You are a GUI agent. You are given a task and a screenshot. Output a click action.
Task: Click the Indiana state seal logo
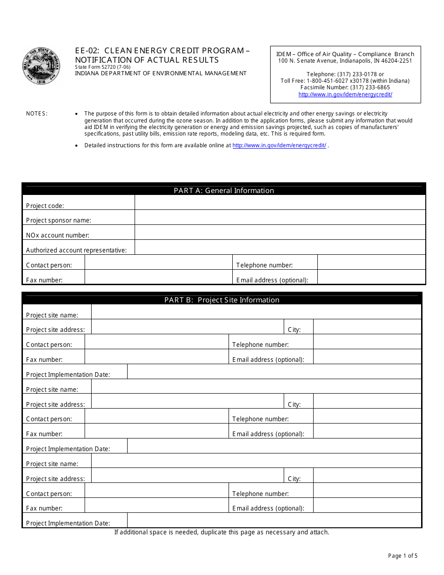[x=42, y=66]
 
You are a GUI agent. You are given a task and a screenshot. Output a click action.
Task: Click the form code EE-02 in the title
[x=87, y=50]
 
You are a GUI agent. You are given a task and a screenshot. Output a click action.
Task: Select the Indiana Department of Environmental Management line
[x=161, y=73]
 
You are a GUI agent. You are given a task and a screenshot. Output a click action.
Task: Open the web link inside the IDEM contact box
[x=345, y=94]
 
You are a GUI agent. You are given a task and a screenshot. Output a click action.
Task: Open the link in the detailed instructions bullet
[x=279, y=145]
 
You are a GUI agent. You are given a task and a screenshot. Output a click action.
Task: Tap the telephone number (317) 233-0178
[x=354, y=74]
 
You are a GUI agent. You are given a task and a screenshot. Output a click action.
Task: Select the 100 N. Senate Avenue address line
[x=345, y=61]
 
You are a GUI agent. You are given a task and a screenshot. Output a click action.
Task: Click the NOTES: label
[x=37, y=114]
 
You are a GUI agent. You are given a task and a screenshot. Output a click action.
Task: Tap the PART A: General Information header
[x=224, y=190]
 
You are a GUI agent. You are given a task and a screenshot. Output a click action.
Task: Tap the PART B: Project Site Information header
[x=222, y=300]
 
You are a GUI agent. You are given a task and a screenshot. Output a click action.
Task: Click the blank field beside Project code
[x=280, y=202]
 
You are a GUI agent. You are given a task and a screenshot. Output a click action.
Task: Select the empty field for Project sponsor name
[x=280, y=217]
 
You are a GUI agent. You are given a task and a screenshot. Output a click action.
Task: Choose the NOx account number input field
[x=280, y=232]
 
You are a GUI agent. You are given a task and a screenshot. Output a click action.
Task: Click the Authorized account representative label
[x=76, y=250]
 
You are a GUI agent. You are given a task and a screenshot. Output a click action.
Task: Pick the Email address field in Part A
[x=371, y=277]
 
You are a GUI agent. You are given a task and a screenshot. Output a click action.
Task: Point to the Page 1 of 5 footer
[x=403, y=556]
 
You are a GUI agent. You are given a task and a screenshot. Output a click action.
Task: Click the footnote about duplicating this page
[x=222, y=532]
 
